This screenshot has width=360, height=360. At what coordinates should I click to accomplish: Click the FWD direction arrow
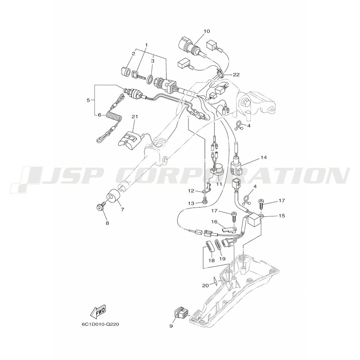click(x=98, y=312)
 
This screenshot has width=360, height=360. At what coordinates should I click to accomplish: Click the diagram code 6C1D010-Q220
click(x=100, y=325)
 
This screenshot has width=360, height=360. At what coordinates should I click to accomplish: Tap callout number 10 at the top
click(x=207, y=31)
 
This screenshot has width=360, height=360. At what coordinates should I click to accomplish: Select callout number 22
click(x=236, y=75)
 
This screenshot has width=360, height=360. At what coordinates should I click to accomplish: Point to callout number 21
click(x=135, y=117)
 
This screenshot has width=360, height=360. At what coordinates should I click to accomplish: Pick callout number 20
click(x=206, y=285)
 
